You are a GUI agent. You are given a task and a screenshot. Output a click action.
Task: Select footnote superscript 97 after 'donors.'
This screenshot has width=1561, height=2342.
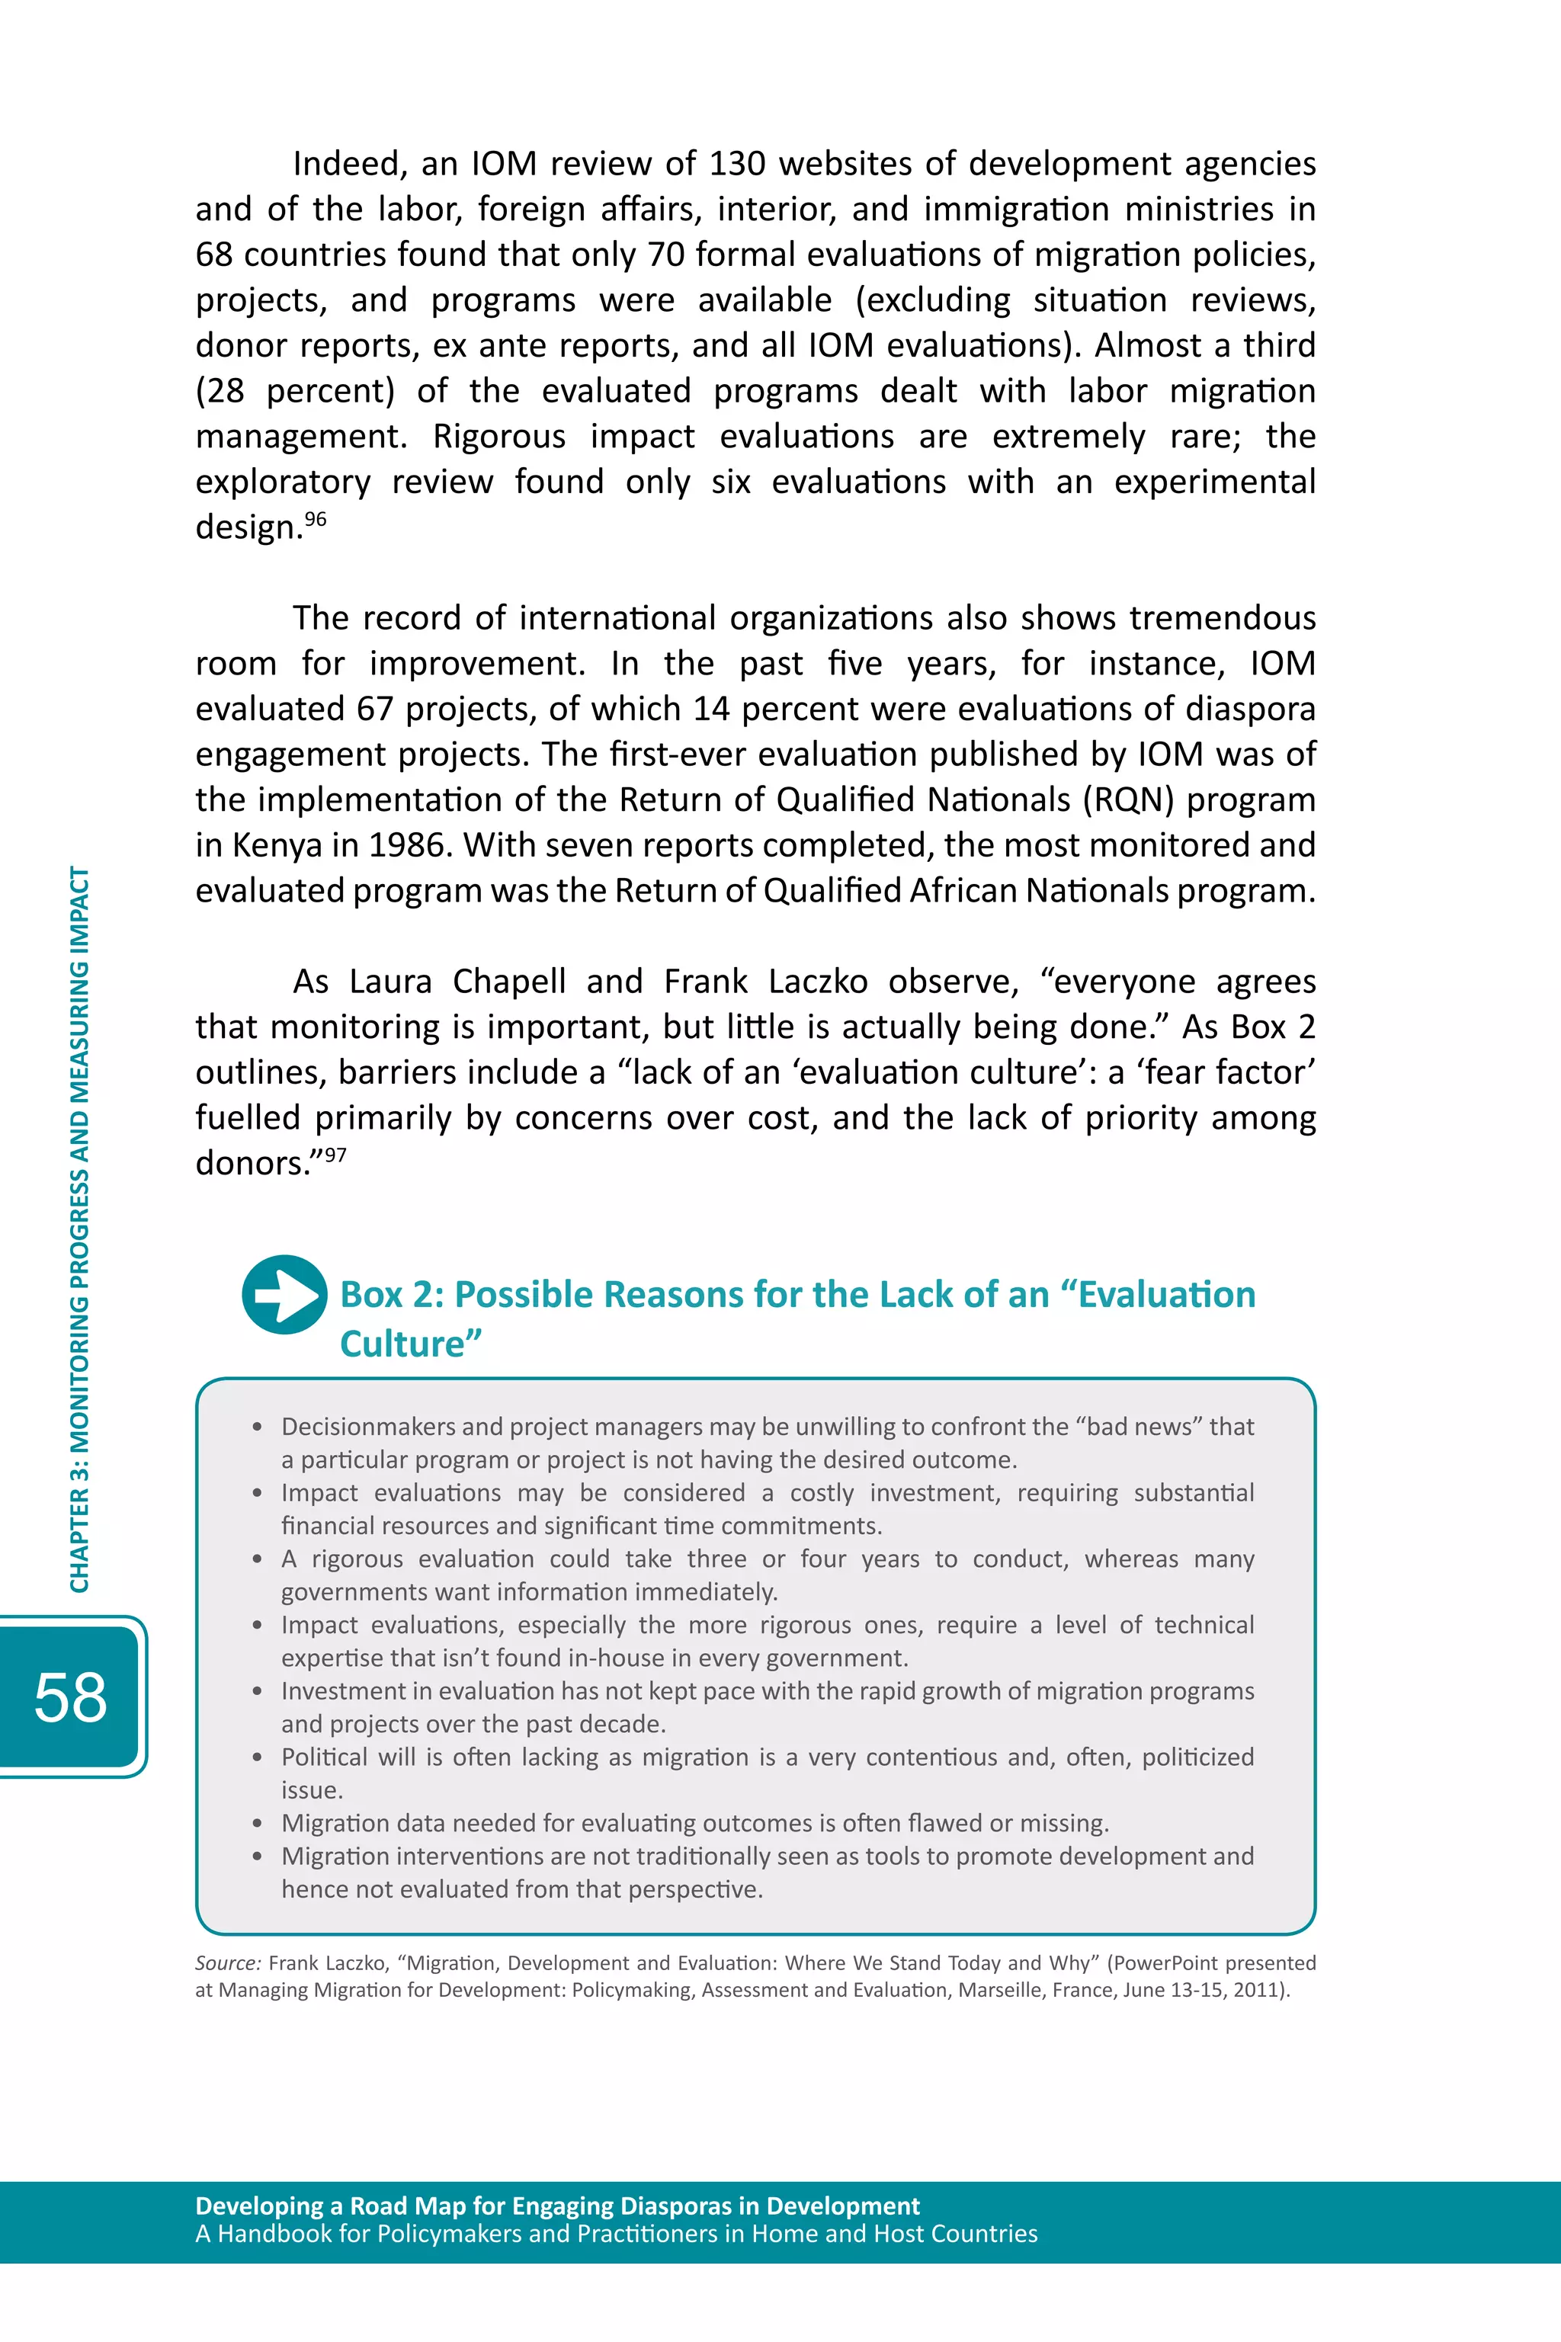[335, 1155]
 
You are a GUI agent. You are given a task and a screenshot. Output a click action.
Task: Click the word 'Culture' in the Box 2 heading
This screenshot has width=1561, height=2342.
[410, 1344]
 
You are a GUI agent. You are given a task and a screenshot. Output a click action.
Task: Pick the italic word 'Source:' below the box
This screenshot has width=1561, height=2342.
[228, 1962]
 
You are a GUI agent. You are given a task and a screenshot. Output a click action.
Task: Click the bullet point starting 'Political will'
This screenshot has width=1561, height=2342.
[257, 1757]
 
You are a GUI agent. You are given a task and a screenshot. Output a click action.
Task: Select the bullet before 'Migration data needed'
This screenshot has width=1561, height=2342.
[257, 1824]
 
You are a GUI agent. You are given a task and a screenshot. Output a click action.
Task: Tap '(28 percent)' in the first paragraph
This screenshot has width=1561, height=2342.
[295, 390]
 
